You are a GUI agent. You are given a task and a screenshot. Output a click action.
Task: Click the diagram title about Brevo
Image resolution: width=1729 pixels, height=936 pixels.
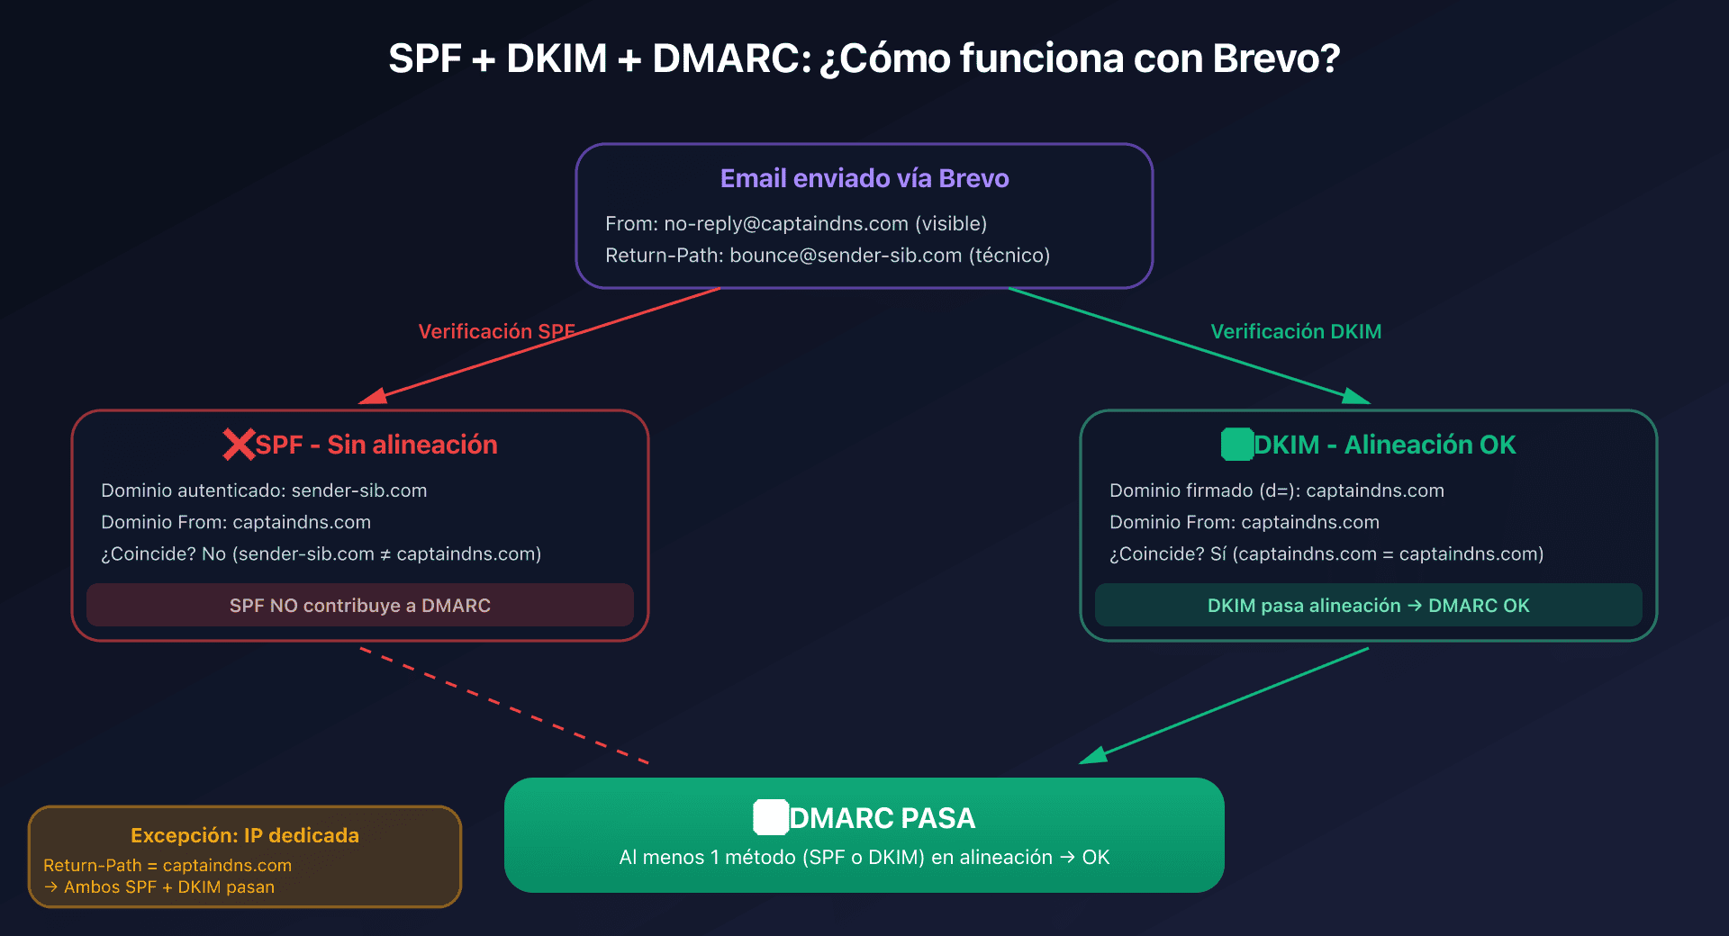pyautogui.click(x=864, y=58)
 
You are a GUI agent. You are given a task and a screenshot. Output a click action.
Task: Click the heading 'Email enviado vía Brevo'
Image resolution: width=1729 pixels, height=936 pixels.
pyautogui.click(x=864, y=178)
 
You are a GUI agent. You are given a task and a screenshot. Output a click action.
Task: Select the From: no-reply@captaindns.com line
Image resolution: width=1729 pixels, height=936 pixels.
pyautogui.click(x=796, y=223)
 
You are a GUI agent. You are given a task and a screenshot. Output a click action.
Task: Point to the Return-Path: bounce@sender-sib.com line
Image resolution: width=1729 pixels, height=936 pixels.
pyautogui.click(x=827, y=256)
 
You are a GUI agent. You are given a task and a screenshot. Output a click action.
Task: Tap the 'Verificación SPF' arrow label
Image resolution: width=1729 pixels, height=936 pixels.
pyautogui.click(x=496, y=331)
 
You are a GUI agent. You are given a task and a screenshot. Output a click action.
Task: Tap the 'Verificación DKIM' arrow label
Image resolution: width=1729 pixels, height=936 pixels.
pyautogui.click(x=1296, y=331)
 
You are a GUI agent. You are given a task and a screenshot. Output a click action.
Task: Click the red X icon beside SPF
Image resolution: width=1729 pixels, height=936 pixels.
pyautogui.click(x=239, y=445)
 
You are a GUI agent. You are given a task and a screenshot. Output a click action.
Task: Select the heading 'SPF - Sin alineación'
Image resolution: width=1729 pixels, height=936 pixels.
pyautogui.click(x=376, y=445)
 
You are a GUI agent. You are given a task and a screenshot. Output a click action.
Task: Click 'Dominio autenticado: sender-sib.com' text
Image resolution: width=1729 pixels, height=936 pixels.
pyautogui.click(x=264, y=490)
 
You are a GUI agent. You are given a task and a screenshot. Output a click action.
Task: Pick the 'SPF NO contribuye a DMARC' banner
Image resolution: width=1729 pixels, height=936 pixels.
pyautogui.click(x=360, y=605)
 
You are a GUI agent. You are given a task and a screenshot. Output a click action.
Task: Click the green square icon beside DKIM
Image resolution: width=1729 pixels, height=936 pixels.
pyautogui.click(x=1237, y=445)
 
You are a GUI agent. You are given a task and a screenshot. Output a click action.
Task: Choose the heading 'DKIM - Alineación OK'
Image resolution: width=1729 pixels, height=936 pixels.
pyautogui.click(x=1385, y=445)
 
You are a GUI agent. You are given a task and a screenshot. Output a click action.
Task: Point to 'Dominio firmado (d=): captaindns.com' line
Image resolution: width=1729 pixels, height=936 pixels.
pyautogui.click(x=1276, y=490)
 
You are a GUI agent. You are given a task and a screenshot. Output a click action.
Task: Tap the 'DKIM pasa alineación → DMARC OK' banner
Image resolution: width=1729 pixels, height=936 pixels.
pyautogui.click(x=1368, y=605)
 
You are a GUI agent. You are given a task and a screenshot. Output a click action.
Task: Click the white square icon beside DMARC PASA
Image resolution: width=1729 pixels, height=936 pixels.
pyautogui.click(x=771, y=817)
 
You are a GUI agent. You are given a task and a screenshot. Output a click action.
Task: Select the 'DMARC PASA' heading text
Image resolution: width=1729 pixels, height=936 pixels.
pyautogui.click(x=883, y=818)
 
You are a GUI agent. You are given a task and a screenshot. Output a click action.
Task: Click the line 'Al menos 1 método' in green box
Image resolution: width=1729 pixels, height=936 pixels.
pyautogui.click(x=864, y=857)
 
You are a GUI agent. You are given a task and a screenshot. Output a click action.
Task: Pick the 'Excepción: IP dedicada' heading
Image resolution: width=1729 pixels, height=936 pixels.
pyautogui.click(x=245, y=835)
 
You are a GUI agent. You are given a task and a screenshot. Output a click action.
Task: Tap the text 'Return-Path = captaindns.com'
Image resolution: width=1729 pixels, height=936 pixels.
pyautogui.click(x=167, y=865)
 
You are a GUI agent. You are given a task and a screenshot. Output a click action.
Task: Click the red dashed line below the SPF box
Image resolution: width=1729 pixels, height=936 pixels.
pyautogui.click(x=504, y=706)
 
